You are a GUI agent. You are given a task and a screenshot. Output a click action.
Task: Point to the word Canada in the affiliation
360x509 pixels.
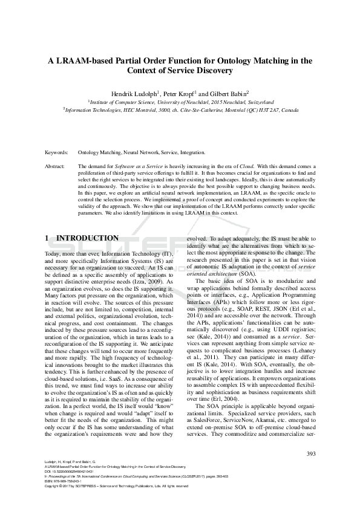pos(289,111)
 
